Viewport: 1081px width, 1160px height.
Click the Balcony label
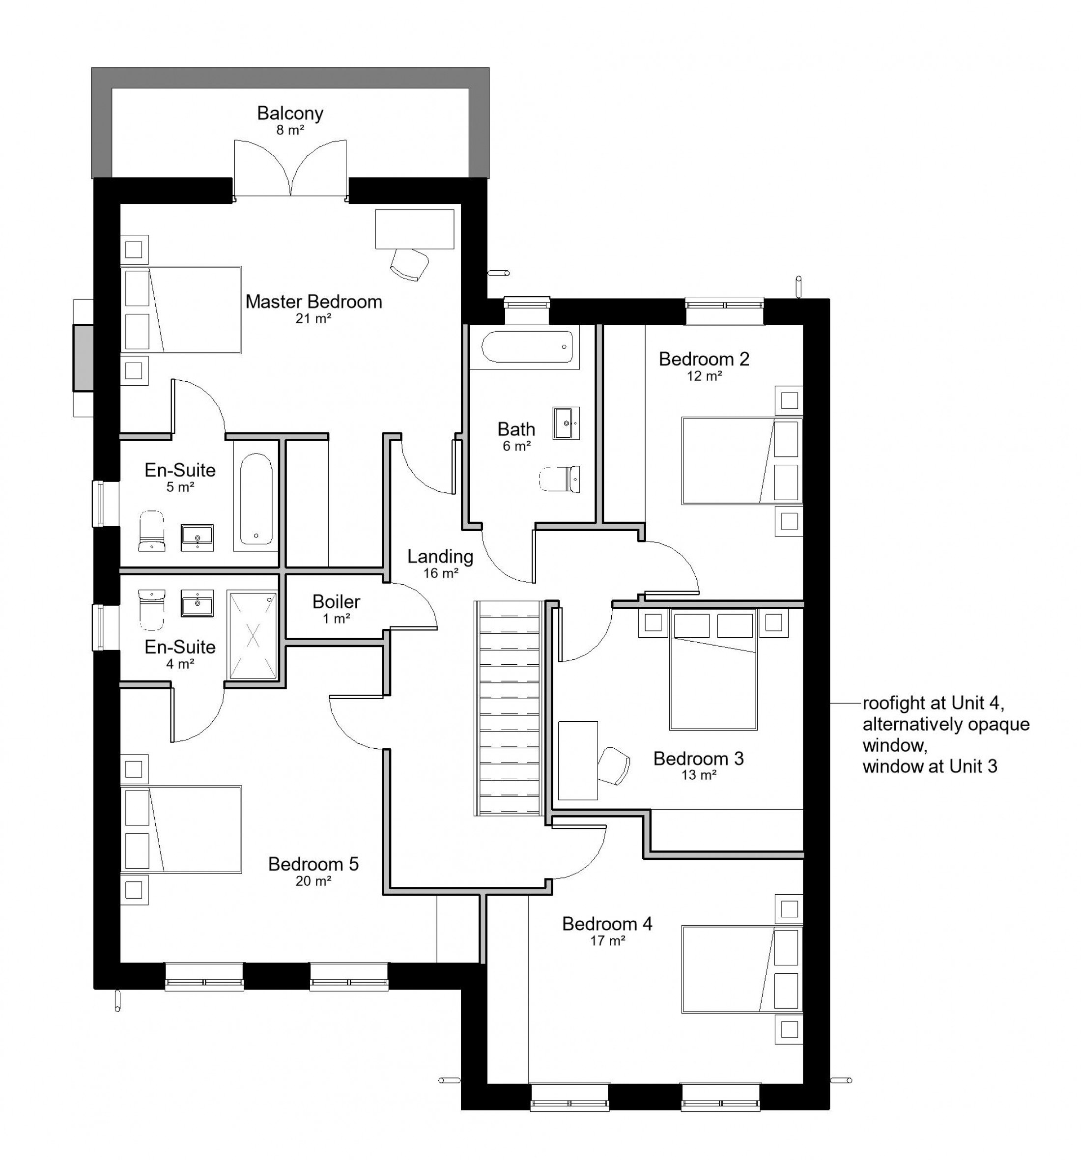(289, 113)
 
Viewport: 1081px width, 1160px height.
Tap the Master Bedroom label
(313, 302)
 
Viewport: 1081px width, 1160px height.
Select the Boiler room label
(336, 601)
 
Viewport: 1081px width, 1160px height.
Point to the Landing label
(440, 557)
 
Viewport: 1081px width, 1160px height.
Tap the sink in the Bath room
(566, 423)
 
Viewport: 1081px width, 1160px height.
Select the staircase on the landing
(509, 708)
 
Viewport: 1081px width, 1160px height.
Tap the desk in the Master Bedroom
(414, 229)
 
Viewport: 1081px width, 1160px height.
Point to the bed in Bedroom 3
(713, 670)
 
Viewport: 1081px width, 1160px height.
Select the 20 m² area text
(313, 881)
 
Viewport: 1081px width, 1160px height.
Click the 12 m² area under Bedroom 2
(704, 376)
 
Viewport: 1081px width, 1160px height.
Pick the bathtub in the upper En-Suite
(256, 499)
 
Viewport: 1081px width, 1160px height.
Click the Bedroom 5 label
(313, 864)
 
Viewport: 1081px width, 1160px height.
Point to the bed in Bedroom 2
(742, 460)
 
